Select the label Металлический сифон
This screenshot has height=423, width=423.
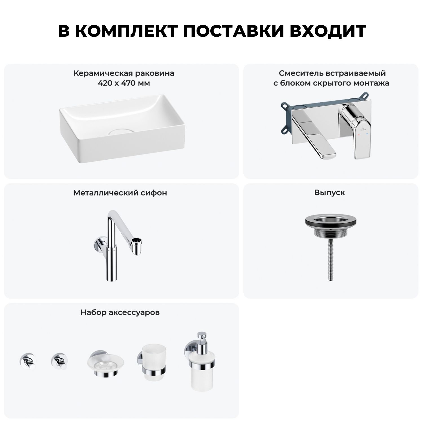coord(120,193)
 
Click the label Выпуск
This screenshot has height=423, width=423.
coord(330,193)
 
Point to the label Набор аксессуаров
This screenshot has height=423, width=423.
coord(120,312)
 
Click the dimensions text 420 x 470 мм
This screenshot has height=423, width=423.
coord(124,83)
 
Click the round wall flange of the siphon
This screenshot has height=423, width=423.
coord(99,243)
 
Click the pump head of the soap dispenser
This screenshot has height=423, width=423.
coord(202,338)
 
